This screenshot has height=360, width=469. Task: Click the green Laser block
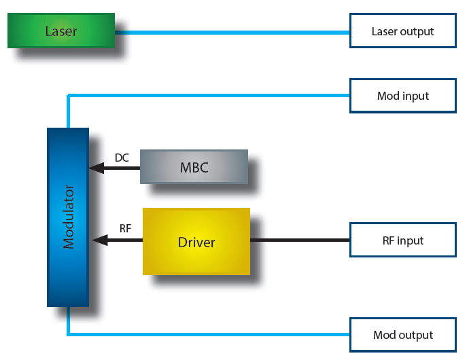61,31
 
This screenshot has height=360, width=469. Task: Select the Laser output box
402,31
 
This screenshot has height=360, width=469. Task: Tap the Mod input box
402,96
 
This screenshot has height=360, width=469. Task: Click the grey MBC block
194,167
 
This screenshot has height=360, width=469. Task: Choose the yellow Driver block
196,242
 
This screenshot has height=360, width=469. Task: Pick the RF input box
402,240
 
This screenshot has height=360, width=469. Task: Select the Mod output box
402,335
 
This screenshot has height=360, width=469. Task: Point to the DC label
122,158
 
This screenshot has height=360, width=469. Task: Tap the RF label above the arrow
125,228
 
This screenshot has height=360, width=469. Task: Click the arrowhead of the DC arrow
95,167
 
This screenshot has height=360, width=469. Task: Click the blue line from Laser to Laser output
231,31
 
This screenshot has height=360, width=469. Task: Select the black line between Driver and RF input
299,240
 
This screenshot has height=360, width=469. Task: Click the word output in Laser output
417,32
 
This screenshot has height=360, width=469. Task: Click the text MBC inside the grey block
194,167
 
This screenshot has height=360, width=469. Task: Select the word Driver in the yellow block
196,242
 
